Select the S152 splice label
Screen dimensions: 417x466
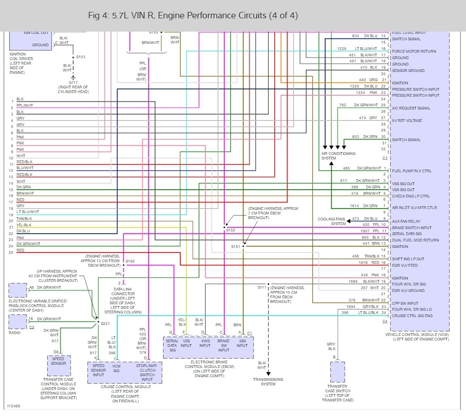pos(230,230)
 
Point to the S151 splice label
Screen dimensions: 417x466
pos(235,246)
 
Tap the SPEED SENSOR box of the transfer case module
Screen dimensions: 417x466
pos(58,361)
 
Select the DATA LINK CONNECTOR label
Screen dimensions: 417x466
pos(123,292)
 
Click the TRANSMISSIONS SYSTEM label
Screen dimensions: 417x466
pos(268,381)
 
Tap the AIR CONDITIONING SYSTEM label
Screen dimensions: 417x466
pos(338,155)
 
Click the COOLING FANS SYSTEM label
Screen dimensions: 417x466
pos(332,221)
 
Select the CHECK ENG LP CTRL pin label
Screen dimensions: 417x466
pos(411,196)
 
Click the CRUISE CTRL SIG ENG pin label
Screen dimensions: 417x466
pos(412,315)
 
